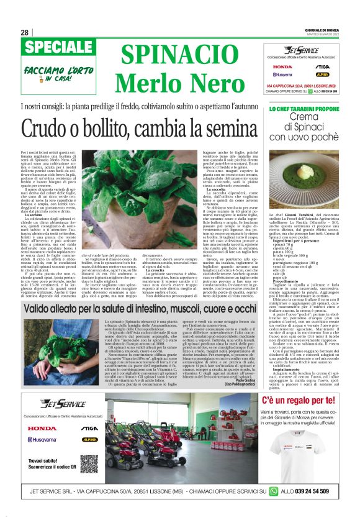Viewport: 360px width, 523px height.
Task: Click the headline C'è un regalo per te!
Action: click(302, 401)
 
